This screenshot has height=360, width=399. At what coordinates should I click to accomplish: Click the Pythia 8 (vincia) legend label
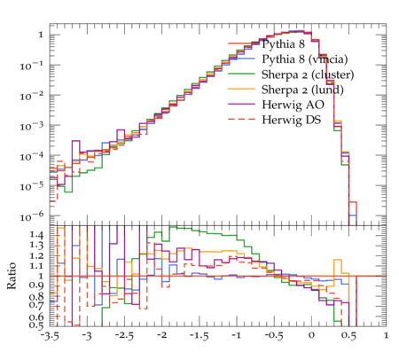point(305,59)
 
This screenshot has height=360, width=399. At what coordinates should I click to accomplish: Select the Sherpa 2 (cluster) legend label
point(308,74)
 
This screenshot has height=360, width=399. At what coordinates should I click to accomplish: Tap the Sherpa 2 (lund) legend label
point(302,90)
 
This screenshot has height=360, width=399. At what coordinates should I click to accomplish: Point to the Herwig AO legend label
point(293,105)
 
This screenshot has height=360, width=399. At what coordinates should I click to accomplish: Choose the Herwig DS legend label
point(292,120)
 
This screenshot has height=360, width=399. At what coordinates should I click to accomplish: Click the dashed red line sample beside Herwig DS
point(241,119)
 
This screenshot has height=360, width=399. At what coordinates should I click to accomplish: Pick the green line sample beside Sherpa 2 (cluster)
point(241,74)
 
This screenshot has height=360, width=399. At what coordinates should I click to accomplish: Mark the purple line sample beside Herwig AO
point(241,104)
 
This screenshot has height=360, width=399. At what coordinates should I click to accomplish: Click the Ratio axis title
point(12,276)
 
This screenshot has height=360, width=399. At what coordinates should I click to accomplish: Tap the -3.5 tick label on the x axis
point(50,335)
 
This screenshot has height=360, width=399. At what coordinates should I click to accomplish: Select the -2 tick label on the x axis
point(161,335)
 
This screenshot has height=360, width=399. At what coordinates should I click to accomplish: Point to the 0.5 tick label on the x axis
point(348,335)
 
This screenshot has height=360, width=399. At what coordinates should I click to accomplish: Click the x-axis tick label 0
point(311,335)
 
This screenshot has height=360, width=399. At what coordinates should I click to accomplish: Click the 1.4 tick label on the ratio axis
point(36,235)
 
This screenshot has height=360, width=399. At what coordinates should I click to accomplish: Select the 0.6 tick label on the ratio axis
point(36,317)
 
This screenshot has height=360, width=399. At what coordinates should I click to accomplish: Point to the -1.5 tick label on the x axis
point(199,335)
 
